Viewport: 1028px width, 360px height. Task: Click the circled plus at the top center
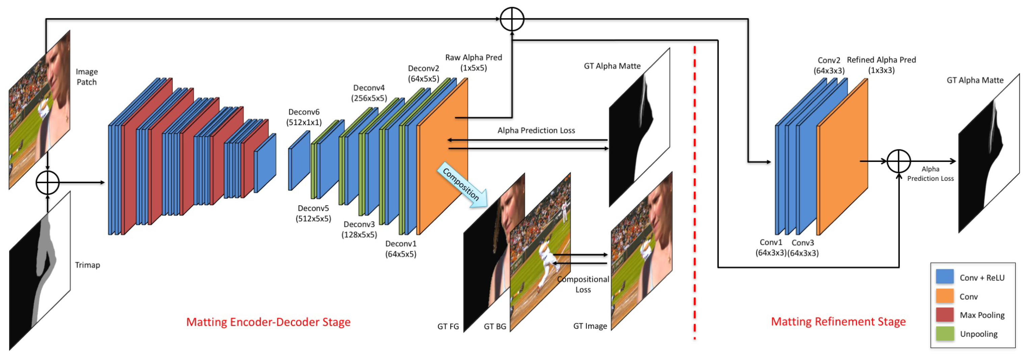pos(512,19)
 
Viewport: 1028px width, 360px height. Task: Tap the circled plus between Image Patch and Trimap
pos(48,183)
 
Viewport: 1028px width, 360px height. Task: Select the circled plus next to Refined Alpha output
pos(898,161)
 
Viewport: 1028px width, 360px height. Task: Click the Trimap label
pos(87,265)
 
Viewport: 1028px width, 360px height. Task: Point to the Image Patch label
pos(87,77)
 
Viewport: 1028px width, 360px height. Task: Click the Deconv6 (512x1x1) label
pos(304,117)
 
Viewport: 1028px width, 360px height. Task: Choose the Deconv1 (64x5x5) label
pos(401,249)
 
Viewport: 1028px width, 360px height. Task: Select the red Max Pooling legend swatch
pos(944,315)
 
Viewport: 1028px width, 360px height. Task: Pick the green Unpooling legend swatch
pos(944,334)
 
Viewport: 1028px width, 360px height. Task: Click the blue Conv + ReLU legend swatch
pos(944,277)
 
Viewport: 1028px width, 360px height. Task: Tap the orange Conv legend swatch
pos(944,296)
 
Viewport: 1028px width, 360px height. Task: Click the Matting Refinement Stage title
pos(838,321)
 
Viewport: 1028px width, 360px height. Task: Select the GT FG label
pos(448,327)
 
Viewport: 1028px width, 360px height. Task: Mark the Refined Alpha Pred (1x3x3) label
pos(881,65)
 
